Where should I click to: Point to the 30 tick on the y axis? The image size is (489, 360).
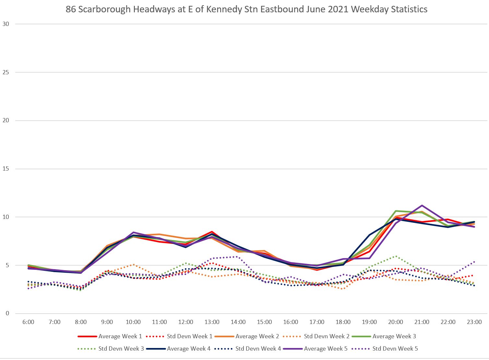(x=6, y=24)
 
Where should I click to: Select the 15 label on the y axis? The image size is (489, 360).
(x=6, y=169)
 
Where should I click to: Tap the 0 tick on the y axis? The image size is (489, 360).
(x=7, y=314)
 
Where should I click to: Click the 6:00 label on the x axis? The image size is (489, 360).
(x=29, y=322)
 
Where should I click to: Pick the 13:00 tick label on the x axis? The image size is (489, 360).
(x=212, y=322)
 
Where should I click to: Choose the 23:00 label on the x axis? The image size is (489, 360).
(x=474, y=322)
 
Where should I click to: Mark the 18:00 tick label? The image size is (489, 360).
(x=343, y=322)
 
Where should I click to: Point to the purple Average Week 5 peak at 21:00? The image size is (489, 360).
(x=422, y=205)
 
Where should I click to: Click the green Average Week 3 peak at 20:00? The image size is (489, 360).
(x=396, y=211)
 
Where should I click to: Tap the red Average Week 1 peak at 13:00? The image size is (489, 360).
(x=212, y=232)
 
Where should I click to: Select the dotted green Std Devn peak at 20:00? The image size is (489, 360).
(x=396, y=256)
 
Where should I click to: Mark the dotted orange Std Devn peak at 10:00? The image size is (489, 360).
(x=133, y=264)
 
